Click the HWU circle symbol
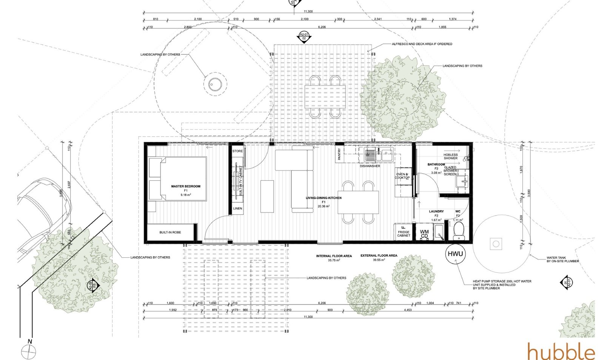point(455,254)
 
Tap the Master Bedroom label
point(186,186)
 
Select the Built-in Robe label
point(170,232)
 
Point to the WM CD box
point(424,234)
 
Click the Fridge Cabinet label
point(404,234)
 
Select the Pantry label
point(339,154)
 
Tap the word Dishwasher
point(370,166)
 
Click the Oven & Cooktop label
point(402,176)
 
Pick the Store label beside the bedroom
point(238,151)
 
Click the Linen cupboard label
point(237,208)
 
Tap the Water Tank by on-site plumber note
point(562,259)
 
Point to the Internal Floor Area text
point(334,256)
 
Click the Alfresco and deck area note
point(422,44)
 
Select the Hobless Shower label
point(450,156)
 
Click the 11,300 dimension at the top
point(308,12)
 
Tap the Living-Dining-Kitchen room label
point(324,198)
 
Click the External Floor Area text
point(379,256)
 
